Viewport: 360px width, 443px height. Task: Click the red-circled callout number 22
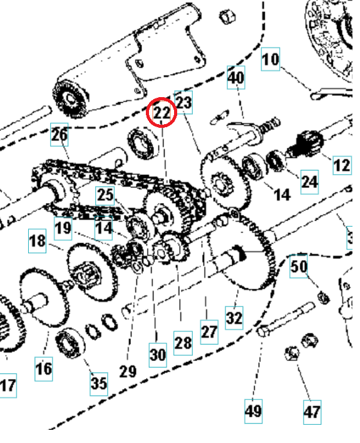pyautogui.click(x=162, y=113)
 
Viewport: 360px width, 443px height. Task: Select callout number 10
pyautogui.click(x=270, y=60)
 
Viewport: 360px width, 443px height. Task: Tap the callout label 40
pyautogui.click(x=236, y=79)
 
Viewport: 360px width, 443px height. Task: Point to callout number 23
pyautogui.click(x=183, y=102)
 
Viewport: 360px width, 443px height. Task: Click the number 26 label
pyautogui.click(x=59, y=135)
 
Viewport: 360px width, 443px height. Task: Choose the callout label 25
pyautogui.click(x=105, y=195)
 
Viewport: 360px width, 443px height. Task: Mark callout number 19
pyautogui.click(x=63, y=227)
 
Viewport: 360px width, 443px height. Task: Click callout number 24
pyautogui.click(x=309, y=182)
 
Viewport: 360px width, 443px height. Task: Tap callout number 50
pyautogui.click(x=299, y=267)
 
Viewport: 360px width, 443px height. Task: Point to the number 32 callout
pyautogui.click(x=234, y=318)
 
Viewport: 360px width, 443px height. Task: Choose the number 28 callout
pyautogui.click(x=183, y=343)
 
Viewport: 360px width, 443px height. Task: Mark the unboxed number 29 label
pyautogui.click(x=128, y=371)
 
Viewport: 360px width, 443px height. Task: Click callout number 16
pyautogui.click(x=43, y=368)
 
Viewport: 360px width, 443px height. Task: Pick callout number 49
pyautogui.click(x=254, y=412)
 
